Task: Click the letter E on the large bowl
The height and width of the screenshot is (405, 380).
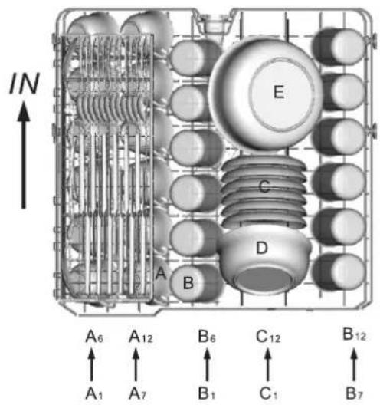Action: coord(279,92)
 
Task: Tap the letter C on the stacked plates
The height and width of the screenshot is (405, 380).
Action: coord(264,186)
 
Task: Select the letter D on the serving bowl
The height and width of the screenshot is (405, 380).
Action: coord(262,248)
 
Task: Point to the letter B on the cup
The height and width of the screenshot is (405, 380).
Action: coord(188,282)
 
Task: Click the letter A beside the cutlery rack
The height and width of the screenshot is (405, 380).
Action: coord(161,273)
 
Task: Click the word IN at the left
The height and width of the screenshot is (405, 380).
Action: coord(25,83)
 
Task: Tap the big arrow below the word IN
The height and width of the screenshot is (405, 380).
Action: coord(24,155)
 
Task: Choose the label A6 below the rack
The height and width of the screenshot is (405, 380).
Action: coord(94,336)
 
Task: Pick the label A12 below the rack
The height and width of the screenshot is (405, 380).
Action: coord(141,336)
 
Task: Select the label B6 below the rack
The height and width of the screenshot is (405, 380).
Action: coord(207,336)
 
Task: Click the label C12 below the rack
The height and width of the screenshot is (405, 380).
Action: coord(268,336)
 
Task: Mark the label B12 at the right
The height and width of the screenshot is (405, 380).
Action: coord(354,334)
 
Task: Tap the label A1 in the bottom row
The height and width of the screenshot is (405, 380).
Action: coord(94,394)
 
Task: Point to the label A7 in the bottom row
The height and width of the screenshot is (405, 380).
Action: coord(137,394)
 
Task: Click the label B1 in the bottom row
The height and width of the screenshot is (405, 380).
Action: coord(206,394)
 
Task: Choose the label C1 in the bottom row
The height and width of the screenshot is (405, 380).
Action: coord(268,394)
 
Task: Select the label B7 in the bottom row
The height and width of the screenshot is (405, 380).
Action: coord(354,394)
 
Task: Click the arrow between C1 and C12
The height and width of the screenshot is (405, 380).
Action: coord(268,364)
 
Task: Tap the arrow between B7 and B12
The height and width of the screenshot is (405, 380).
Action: coord(354,364)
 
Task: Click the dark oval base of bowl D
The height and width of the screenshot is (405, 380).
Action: coord(264,279)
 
